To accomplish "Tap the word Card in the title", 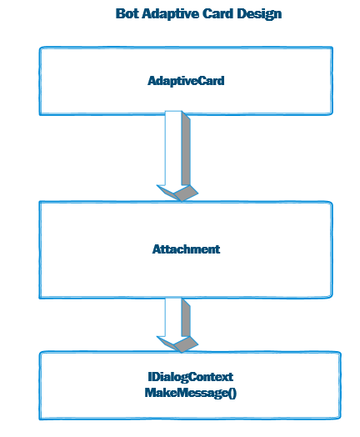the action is (218, 13).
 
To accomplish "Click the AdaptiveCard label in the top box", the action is (186, 81).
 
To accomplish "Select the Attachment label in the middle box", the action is (186, 249).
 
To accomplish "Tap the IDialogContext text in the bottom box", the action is (191, 377).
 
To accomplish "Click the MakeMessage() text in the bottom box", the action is (191, 393).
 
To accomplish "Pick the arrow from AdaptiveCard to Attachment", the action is (177, 156).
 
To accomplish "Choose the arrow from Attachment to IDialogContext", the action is (177, 325).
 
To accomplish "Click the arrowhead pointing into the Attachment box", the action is (177, 193).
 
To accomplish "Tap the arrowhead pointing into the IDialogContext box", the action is (177, 344).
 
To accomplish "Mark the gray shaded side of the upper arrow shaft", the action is (186, 150).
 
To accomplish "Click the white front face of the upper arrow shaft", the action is (173, 148).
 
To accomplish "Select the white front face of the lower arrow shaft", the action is (173, 318).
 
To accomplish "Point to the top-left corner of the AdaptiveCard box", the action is (40, 48).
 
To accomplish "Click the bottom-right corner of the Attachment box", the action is (332, 298).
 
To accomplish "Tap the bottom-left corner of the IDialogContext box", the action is (40, 419).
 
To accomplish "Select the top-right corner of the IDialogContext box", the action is (341, 353).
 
